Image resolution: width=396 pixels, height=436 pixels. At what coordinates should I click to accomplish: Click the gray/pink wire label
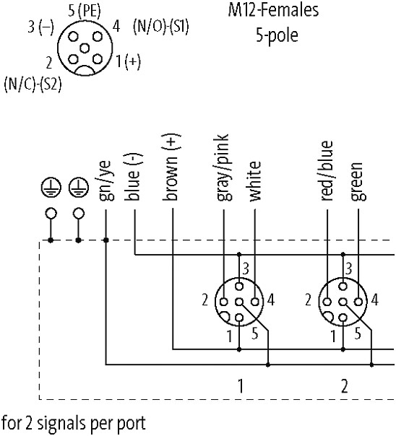(x=223, y=167)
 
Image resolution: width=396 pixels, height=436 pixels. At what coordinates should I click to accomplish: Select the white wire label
(x=255, y=180)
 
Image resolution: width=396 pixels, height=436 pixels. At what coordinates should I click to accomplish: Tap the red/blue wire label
(x=327, y=171)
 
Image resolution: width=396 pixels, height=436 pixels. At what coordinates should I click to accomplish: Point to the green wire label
(x=358, y=181)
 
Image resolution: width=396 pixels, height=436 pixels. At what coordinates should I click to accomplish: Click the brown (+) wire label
(x=171, y=167)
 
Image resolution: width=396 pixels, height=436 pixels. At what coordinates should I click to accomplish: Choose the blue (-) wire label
(x=134, y=177)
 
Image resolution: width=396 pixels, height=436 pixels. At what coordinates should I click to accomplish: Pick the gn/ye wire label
(x=106, y=180)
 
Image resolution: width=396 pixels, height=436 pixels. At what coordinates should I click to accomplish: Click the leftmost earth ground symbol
(x=51, y=187)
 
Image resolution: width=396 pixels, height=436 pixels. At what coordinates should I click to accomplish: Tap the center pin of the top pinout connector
(x=85, y=48)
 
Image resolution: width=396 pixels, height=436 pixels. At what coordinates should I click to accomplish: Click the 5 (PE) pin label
(x=85, y=11)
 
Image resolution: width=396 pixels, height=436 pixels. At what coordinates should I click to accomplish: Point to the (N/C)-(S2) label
(x=33, y=84)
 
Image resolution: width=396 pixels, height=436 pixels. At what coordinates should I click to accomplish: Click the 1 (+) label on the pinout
(x=128, y=61)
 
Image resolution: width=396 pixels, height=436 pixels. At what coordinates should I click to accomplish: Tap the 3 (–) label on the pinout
(x=40, y=27)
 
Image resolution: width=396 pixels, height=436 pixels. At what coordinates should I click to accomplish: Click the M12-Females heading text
(x=274, y=10)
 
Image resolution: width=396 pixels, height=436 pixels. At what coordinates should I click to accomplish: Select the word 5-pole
(x=277, y=35)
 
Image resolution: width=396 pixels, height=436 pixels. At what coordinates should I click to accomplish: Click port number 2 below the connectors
(x=345, y=386)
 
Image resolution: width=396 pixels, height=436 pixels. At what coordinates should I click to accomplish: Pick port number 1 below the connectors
(x=240, y=386)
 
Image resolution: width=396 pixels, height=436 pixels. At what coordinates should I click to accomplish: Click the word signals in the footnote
(x=62, y=424)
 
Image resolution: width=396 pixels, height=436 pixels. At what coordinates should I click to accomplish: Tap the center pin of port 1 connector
(x=239, y=302)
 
